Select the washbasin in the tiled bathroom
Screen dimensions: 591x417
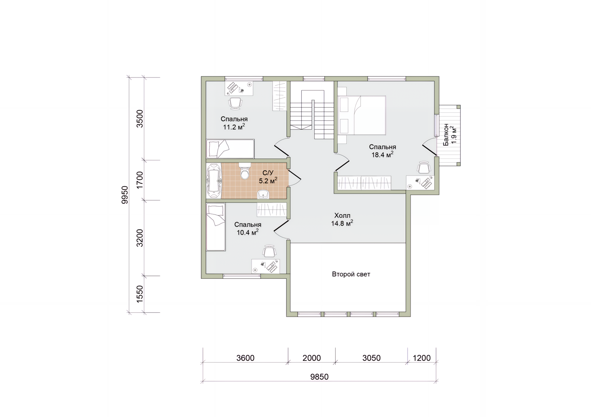(263, 194)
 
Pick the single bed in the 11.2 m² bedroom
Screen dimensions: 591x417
(230, 149)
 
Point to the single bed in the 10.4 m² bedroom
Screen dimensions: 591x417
(216, 227)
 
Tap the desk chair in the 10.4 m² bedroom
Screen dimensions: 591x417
(269, 251)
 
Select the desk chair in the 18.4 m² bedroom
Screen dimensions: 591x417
(424, 168)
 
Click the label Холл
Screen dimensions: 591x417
(342, 215)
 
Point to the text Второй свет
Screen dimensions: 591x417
(351, 274)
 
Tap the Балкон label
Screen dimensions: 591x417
(446, 135)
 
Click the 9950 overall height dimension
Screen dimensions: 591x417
(125, 195)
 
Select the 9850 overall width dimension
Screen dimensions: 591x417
(320, 377)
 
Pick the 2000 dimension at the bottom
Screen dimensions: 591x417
(312, 358)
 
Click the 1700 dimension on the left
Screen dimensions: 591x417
(140, 180)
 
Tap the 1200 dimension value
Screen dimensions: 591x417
(422, 358)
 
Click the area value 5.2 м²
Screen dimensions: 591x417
(268, 181)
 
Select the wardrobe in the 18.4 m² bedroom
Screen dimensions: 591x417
(364, 183)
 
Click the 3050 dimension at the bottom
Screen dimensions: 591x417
(372, 358)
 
